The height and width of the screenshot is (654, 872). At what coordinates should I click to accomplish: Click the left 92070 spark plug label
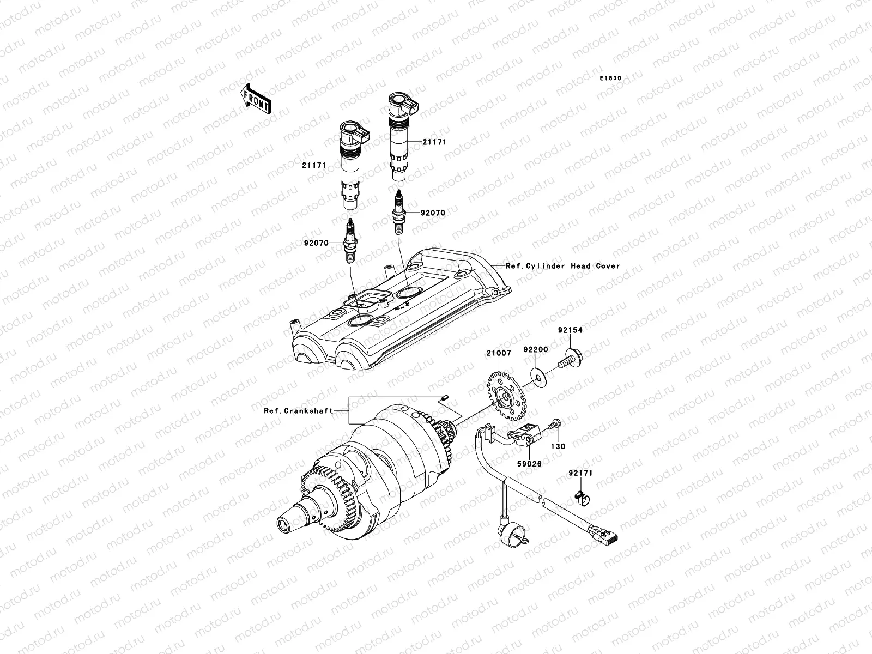click(x=316, y=243)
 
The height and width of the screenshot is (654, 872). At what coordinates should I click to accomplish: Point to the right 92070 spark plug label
click(x=432, y=213)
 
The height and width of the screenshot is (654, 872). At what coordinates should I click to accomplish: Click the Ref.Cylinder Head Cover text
click(x=563, y=266)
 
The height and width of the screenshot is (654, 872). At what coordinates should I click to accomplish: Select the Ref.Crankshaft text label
click(x=298, y=411)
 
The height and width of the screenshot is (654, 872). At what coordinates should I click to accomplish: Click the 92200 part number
click(x=536, y=349)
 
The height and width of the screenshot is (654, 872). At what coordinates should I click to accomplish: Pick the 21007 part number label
click(x=499, y=353)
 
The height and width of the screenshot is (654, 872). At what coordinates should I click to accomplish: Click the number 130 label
click(x=558, y=446)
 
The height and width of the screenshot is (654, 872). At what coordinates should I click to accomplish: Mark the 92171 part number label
click(x=580, y=474)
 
